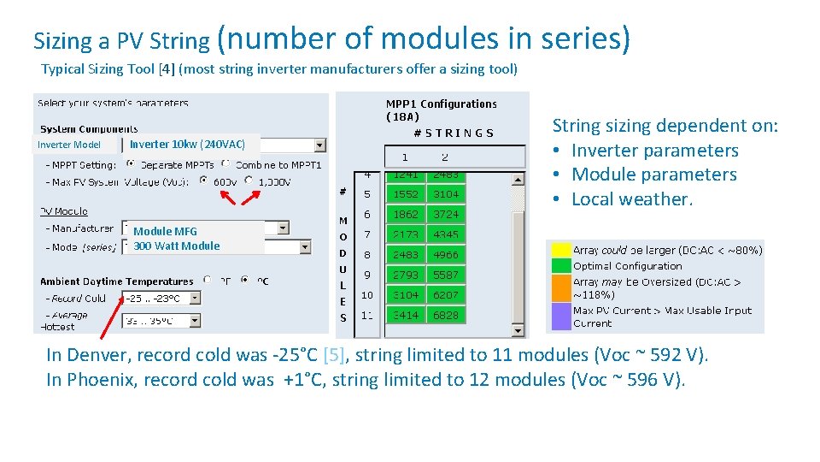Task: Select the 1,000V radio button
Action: [x=249, y=181]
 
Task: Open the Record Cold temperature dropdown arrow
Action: [x=194, y=298]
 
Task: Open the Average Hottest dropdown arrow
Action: [x=194, y=322]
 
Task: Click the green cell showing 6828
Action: [x=446, y=315]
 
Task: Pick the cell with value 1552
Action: [x=405, y=194]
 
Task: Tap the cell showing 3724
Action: [x=446, y=214]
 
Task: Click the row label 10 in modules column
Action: [x=366, y=294]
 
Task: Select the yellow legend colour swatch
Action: [x=560, y=250]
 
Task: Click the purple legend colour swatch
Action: [x=560, y=316]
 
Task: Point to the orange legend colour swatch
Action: [x=560, y=288]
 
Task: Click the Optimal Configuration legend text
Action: [x=627, y=266]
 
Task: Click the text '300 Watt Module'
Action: [x=177, y=246]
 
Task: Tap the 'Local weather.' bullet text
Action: [x=631, y=199]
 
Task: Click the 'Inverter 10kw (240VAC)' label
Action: [x=187, y=145]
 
